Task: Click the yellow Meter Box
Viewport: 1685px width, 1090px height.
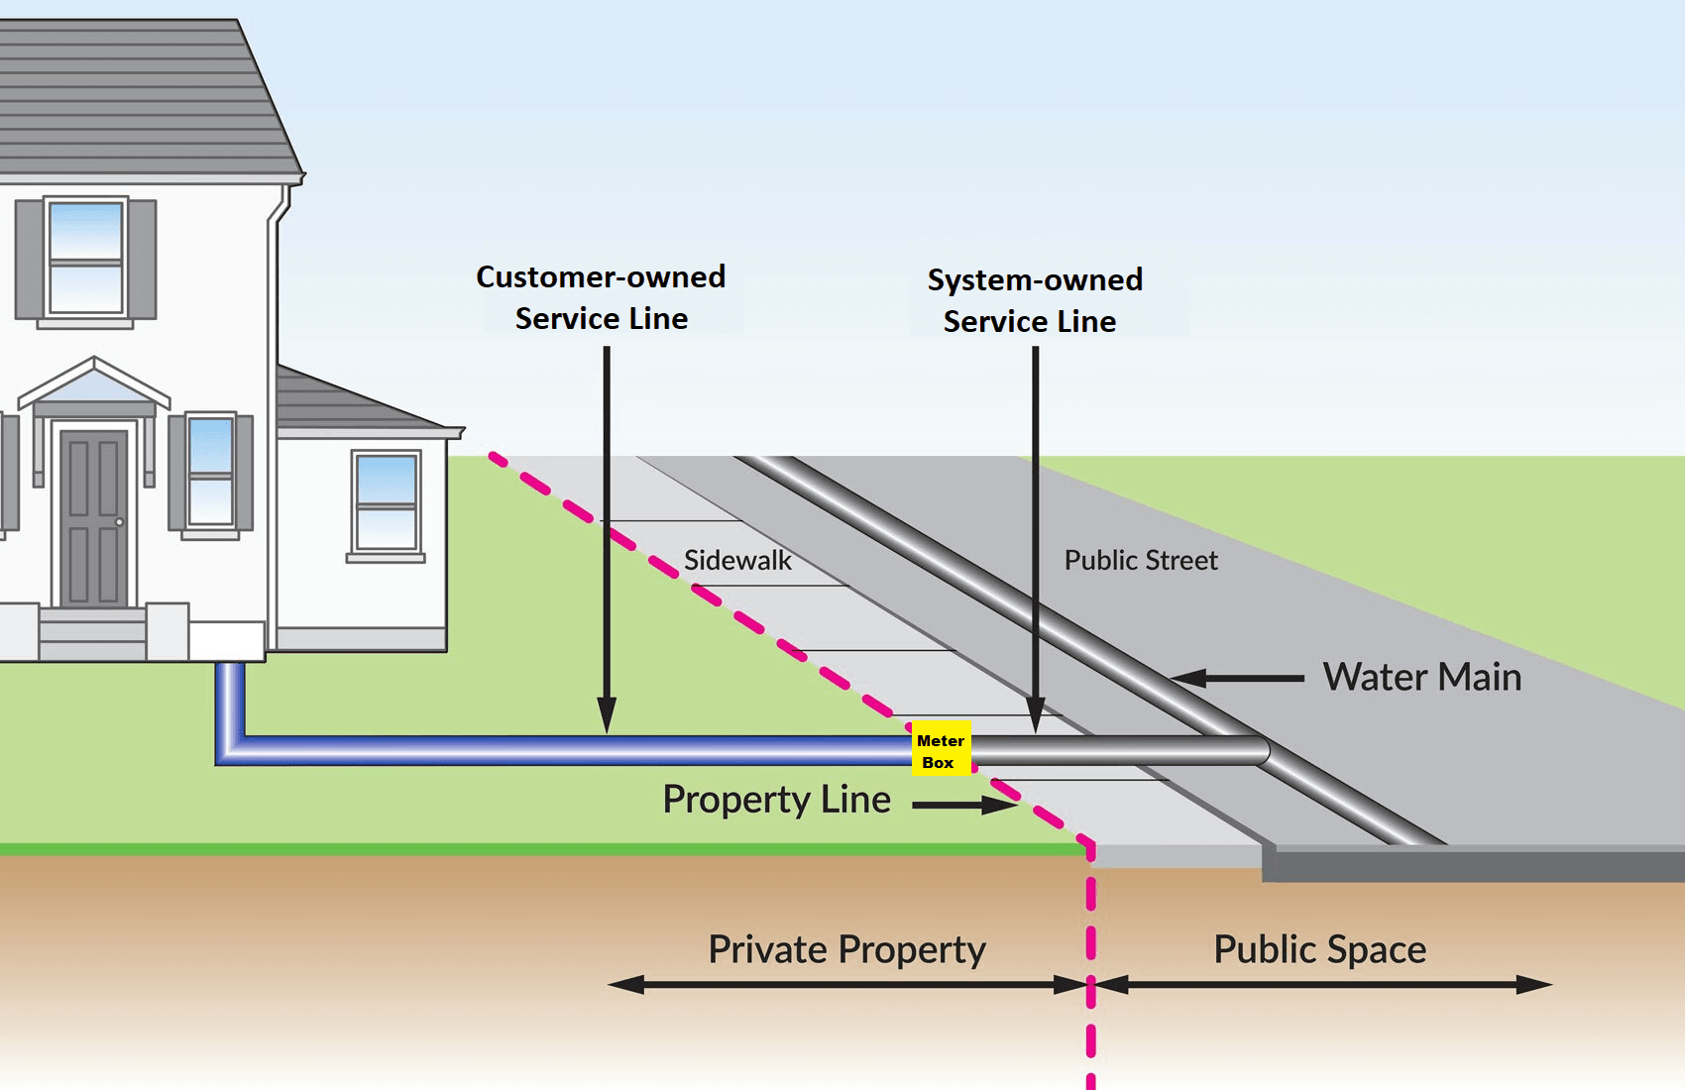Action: (940, 750)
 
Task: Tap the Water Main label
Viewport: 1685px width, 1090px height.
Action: (1421, 678)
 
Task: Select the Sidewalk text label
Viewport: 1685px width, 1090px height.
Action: (737, 561)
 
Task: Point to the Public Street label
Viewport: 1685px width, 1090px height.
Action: (1140, 561)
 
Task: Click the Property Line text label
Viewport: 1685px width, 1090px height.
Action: (776, 800)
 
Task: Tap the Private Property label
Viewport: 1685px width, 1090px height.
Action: (846, 949)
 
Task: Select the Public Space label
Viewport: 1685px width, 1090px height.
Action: (1319, 949)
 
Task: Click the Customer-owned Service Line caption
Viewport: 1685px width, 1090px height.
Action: (601, 297)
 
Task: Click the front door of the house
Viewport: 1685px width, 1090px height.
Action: (94, 517)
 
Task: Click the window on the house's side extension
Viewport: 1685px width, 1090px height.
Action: (386, 503)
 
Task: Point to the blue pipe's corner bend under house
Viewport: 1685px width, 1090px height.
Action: (230, 748)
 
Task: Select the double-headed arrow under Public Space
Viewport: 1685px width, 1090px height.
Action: (1322, 985)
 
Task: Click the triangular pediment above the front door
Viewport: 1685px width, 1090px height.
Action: (94, 384)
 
